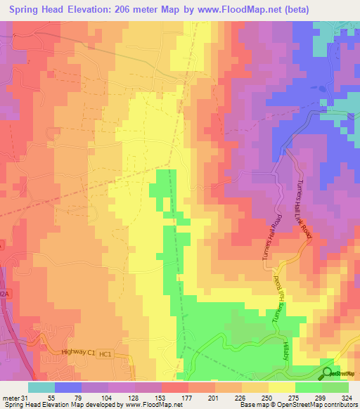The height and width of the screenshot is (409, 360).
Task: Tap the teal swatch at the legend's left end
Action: coord(41,387)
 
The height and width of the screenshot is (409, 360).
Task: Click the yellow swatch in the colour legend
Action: coord(281,387)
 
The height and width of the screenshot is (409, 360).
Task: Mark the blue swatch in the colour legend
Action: coord(68,387)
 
